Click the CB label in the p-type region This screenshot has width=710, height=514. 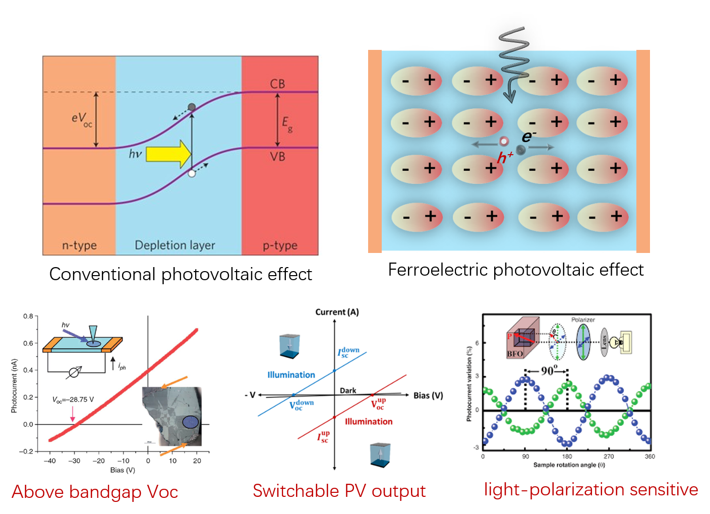click(x=277, y=84)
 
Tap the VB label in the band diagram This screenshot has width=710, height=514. click(x=277, y=157)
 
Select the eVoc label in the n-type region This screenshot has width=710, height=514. click(x=82, y=119)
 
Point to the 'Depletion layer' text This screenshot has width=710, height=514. click(x=175, y=245)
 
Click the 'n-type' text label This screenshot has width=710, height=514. click(x=79, y=245)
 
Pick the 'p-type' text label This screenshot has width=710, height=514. click(x=280, y=245)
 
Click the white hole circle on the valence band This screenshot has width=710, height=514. click(x=192, y=173)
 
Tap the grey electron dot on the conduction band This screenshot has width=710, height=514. click(x=192, y=107)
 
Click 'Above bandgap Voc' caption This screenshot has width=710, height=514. click(x=95, y=492)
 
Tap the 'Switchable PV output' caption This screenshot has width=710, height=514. click(x=339, y=491)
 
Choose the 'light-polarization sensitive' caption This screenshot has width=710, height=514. click(x=591, y=489)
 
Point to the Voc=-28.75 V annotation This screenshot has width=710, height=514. click(x=73, y=400)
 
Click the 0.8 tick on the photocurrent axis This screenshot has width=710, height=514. click(x=28, y=316)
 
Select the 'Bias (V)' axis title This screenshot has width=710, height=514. click(x=123, y=470)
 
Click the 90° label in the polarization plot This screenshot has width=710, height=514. click(x=549, y=371)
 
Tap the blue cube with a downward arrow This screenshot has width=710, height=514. click(x=289, y=345)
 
